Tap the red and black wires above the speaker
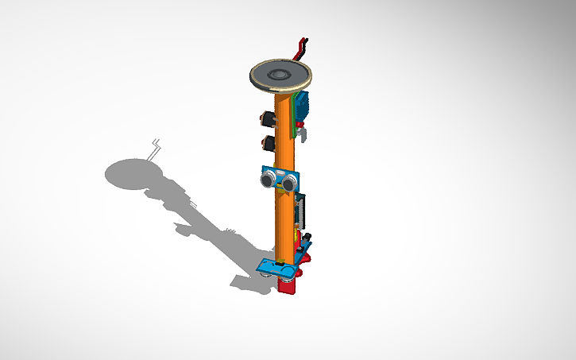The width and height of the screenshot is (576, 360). [x=301, y=48]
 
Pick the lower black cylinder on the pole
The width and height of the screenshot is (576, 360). [x=268, y=144]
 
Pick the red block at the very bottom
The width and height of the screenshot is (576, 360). [x=289, y=287]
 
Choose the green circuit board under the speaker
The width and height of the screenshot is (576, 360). [x=296, y=127]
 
